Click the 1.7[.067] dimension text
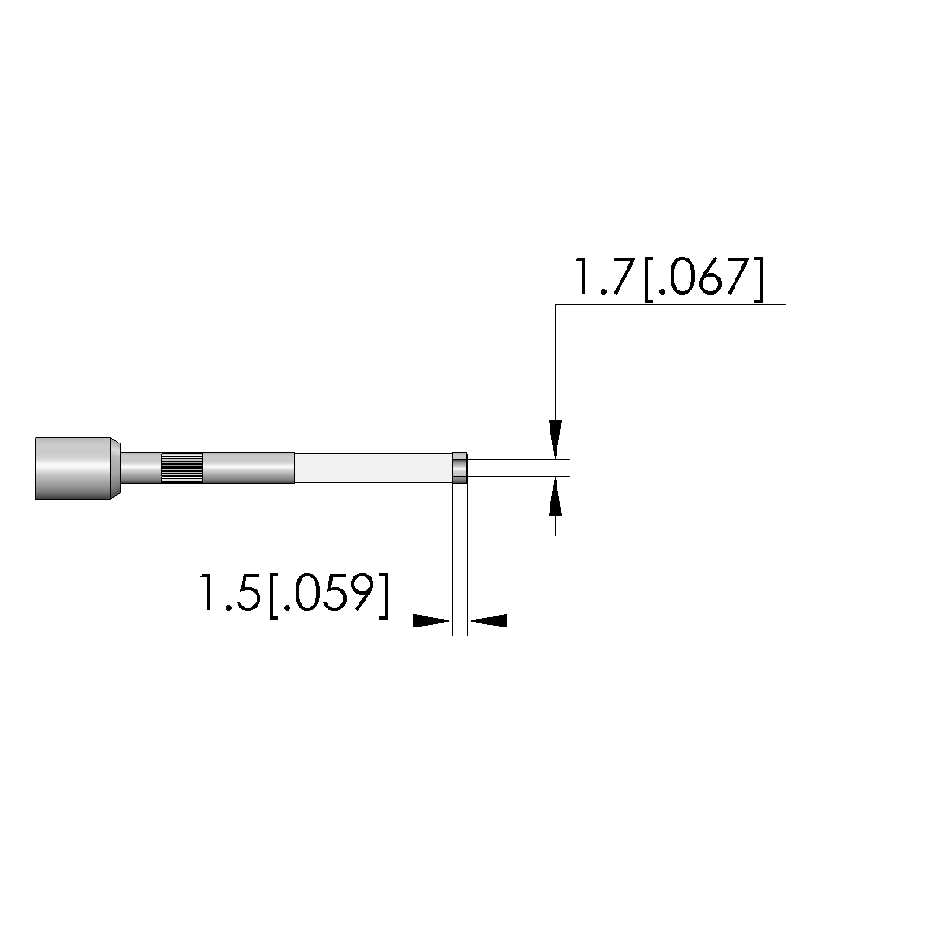coord(668,279)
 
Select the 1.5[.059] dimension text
coord(294,594)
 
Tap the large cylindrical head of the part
coord(73,468)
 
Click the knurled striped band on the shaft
coord(181,468)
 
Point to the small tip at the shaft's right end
coord(460,468)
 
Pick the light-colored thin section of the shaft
coord(373,468)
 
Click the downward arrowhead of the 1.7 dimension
coord(556,439)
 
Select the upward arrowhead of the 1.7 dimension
coord(556,496)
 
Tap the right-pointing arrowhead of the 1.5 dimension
coord(433,621)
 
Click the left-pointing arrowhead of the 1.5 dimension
coord(487,621)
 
